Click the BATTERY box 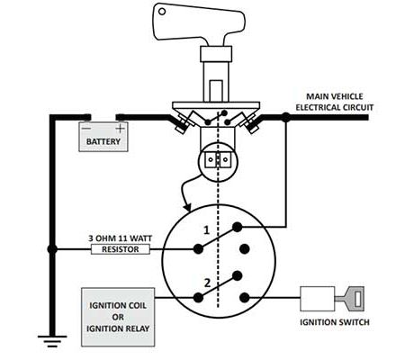point(103,137)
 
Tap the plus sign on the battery point(120,129)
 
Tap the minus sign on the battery point(86,129)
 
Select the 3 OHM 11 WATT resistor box point(121,249)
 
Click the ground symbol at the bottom point(52,341)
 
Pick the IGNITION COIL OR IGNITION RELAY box point(118,317)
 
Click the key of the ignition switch point(350,299)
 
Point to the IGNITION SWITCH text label point(335,322)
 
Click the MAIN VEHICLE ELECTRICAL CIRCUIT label point(335,102)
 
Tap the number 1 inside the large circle point(206,230)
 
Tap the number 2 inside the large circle point(207,283)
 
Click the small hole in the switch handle point(162,12)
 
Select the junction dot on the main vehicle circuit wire point(286,117)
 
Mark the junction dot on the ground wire point(52,249)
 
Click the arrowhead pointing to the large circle point(187,207)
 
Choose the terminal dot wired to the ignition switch point(245,298)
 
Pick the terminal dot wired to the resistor point(198,249)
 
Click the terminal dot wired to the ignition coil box point(198,298)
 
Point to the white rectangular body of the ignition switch point(318,299)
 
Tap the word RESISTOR point(121,249)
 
